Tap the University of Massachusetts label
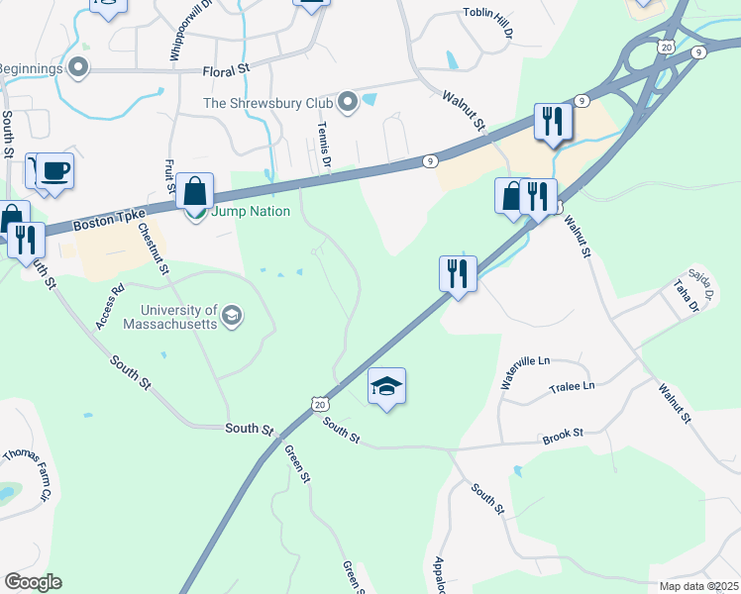pyautogui.click(x=171, y=316)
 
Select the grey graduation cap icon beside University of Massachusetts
pyautogui.click(x=232, y=316)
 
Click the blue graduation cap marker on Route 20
pyautogui.click(x=386, y=386)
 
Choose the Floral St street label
pyautogui.click(x=226, y=71)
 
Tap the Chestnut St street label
pyautogui.click(x=155, y=249)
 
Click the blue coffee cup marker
pyautogui.click(x=54, y=171)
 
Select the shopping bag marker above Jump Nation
pyautogui.click(x=195, y=190)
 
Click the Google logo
pyautogui.click(x=33, y=582)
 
